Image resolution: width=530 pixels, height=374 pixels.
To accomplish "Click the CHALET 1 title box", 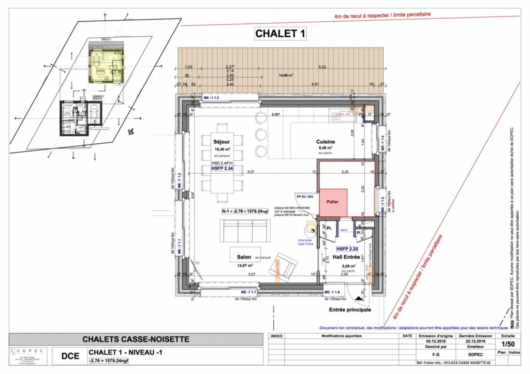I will point(281,35).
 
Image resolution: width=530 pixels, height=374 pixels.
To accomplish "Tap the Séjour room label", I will point(221,141).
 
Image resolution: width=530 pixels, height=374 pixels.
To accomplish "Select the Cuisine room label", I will point(326,142).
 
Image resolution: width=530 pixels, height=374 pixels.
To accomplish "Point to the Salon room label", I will point(244,257).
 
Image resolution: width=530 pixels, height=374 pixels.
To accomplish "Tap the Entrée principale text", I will point(350,310).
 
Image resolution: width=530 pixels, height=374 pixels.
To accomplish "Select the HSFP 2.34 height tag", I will point(222,169).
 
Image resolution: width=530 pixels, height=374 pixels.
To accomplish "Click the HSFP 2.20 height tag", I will point(348,248).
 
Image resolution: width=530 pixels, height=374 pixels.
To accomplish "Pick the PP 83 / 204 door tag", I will point(306,197).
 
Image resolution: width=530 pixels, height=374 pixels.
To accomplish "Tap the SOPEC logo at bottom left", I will point(29,356).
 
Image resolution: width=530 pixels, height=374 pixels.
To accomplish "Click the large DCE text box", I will point(70,356).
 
